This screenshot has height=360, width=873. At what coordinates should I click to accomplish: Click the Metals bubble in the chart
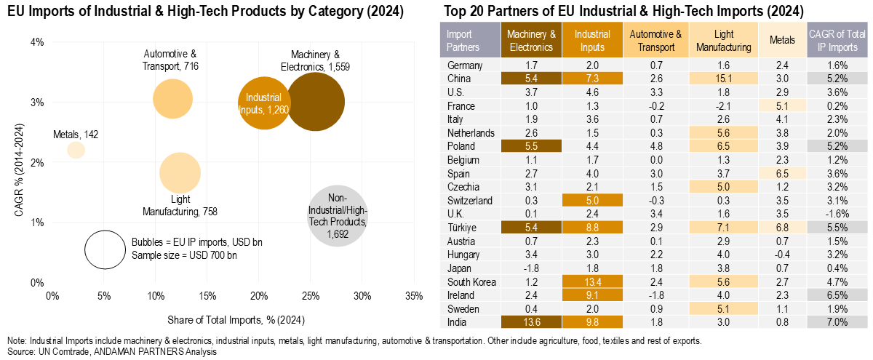pos(76,150)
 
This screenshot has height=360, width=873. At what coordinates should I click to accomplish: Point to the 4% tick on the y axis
pos(38,42)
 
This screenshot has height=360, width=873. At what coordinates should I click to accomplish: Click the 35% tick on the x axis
pos(413,296)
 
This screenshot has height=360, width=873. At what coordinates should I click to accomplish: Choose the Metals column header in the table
pos(782,41)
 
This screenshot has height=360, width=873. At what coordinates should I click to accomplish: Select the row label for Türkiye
pos(461,227)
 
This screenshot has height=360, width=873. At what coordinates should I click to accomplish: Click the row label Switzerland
pos(470,200)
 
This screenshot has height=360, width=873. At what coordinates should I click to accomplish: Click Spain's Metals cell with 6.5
pos(782,173)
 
